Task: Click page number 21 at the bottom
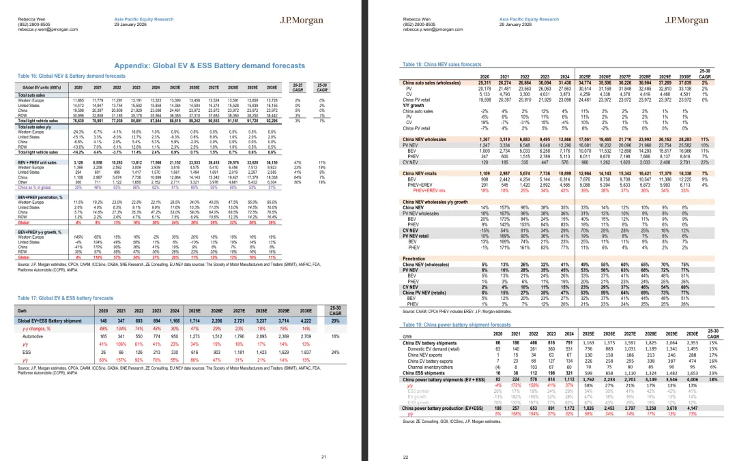[x=323, y=438]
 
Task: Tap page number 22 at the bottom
[x=405, y=438]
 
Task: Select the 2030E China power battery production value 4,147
[x=676, y=406]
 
